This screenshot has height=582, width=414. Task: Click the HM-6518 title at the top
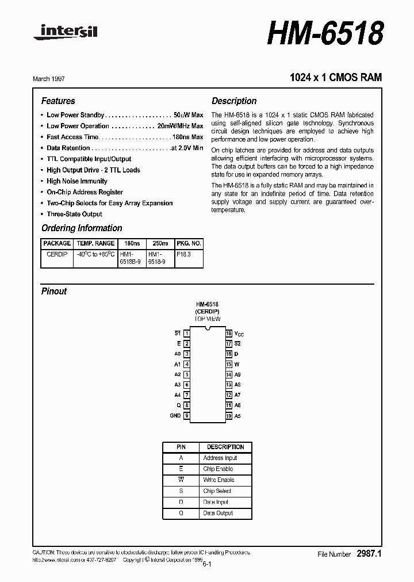click(325, 33)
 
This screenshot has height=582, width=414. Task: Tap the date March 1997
click(57, 78)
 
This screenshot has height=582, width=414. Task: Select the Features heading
click(58, 101)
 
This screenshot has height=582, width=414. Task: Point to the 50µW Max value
click(188, 115)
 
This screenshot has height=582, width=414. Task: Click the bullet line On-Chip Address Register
click(85, 192)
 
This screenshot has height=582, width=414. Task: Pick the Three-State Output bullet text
click(74, 214)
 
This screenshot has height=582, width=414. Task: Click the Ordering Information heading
click(82, 228)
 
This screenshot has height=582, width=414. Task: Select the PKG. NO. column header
click(189, 244)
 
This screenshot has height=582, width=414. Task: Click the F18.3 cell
click(183, 254)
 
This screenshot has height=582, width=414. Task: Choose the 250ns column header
click(160, 244)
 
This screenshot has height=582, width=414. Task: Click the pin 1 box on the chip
click(187, 334)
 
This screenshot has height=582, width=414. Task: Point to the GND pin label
click(175, 416)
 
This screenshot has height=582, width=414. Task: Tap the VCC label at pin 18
click(239, 334)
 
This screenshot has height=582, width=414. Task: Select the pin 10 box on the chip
click(228, 416)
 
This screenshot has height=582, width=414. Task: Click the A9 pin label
click(237, 374)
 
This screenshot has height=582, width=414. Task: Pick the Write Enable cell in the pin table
click(218, 480)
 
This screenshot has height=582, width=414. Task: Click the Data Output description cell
click(218, 513)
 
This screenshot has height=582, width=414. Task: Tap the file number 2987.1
click(369, 554)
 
